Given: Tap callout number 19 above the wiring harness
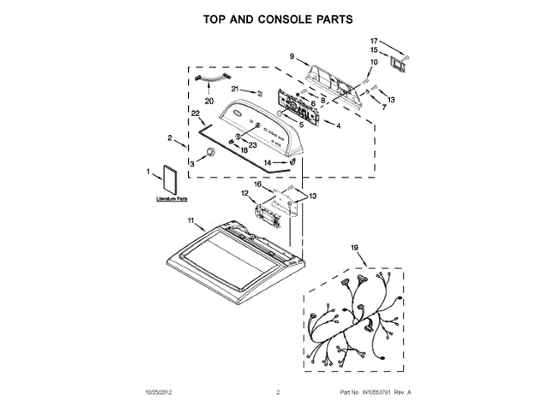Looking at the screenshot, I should click(x=355, y=249).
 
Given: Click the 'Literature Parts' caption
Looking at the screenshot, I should click(x=171, y=199).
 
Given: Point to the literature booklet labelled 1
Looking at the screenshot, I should click(x=166, y=180).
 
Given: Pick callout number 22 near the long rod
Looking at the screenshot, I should click(x=195, y=114).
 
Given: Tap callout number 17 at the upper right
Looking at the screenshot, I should click(x=374, y=41).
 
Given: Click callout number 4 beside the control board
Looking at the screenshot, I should click(x=338, y=125).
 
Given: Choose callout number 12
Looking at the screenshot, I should click(x=245, y=192).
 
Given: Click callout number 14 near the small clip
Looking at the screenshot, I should click(x=269, y=163).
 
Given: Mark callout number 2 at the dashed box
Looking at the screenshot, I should click(x=170, y=137).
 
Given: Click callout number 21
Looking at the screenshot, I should click(x=235, y=89).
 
